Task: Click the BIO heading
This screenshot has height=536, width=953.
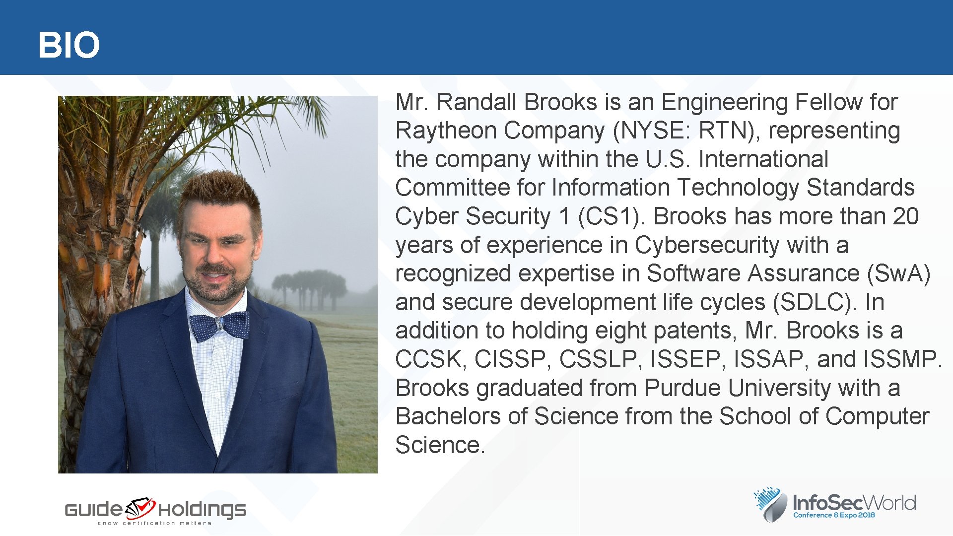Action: click(69, 45)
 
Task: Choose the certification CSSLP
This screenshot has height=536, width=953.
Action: click(598, 360)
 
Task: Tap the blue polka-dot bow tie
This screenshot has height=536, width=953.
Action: click(219, 326)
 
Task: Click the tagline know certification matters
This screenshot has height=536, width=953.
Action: click(154, 523)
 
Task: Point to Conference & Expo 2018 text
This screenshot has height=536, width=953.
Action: click(834, 515)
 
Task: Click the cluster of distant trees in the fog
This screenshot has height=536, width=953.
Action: click(310, 288)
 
